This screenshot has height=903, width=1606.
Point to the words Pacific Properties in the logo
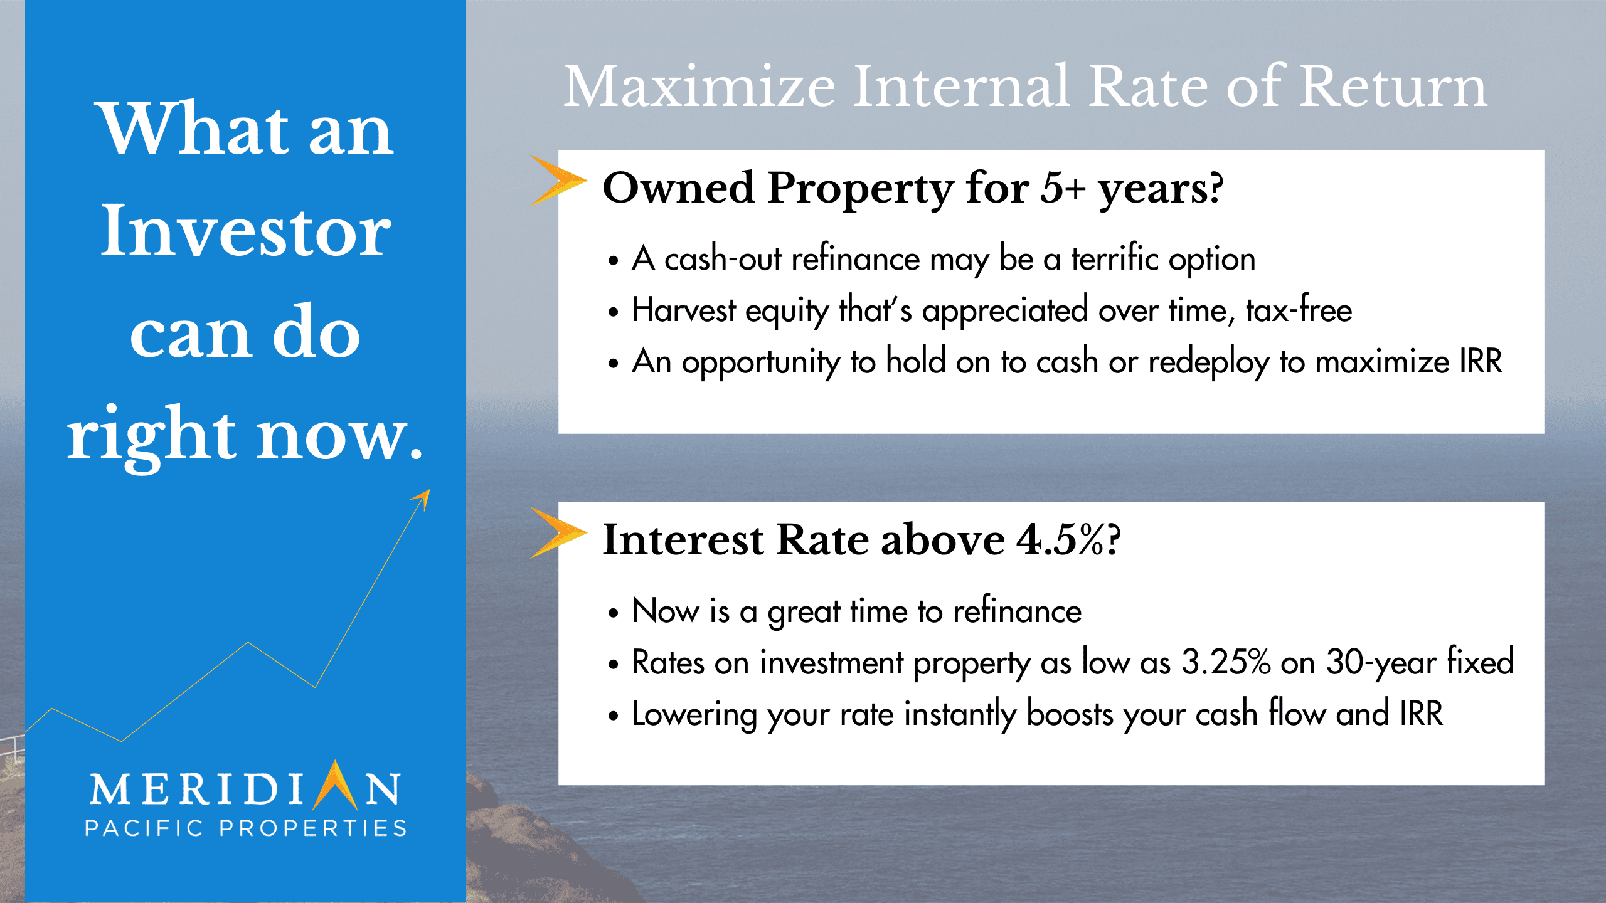click(x=246, y=828)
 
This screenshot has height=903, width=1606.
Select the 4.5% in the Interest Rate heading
click(x=1061, y=540)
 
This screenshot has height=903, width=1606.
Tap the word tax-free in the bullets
click(x=1299, y=310)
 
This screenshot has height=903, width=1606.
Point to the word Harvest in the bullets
click(x=684, y=310)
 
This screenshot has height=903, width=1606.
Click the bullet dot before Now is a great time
click(x=613, y=613)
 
